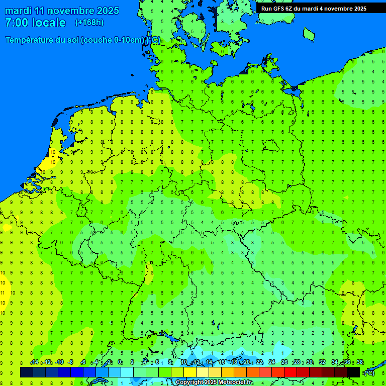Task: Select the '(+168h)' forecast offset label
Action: tap(89, 23)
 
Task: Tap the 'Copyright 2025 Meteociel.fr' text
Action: tap(214, 382)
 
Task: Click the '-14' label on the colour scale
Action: tap(34, 362)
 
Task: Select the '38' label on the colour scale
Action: tap(359, 362)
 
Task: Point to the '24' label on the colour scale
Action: tap(272, 362)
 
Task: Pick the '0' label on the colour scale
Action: tap(120, 362)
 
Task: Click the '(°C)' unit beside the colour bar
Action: tap(369, 373)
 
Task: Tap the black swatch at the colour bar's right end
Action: tap(353, 372)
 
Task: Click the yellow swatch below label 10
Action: tap(177, 372)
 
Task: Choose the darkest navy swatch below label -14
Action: tap(27, 372)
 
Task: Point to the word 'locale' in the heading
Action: tap(49, 23)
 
